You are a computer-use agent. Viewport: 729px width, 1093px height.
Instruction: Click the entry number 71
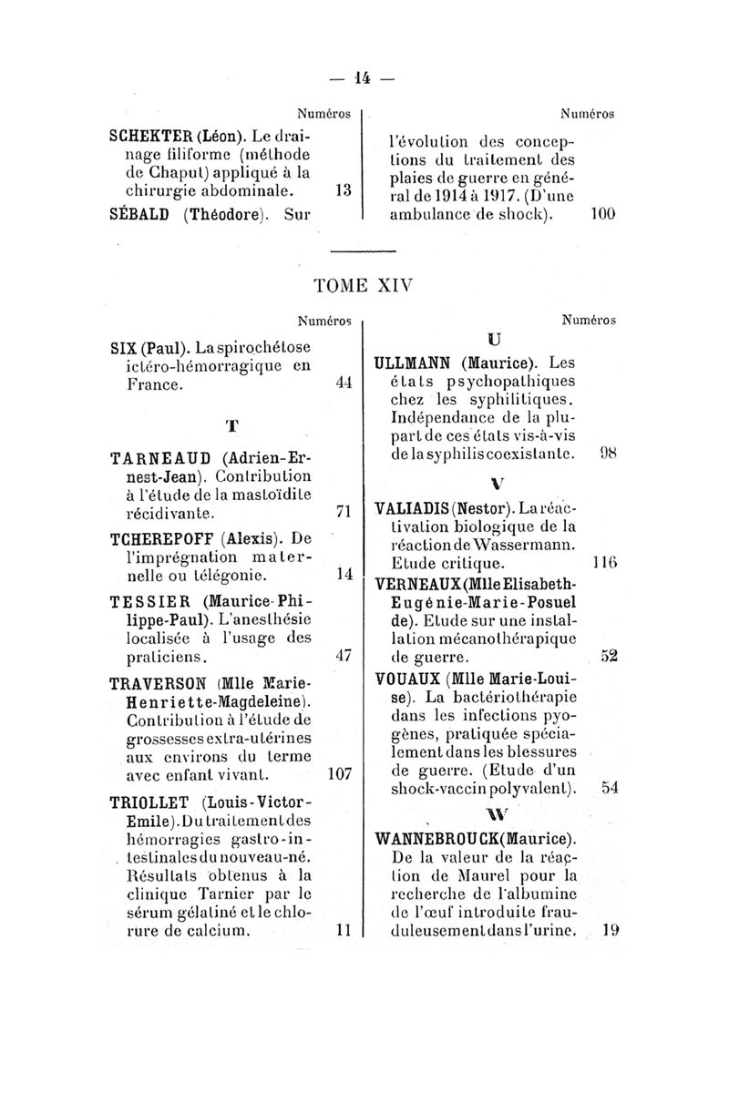click(343, 512)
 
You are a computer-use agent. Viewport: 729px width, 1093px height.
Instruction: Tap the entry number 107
click(339, 775)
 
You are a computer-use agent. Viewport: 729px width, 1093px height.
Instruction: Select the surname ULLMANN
click(420, 364)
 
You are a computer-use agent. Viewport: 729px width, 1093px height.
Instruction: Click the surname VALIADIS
click(418, 506)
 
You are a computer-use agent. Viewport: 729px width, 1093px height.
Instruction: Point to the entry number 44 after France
click(343, 383)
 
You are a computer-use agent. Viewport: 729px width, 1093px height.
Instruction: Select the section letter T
click(232, 425)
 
